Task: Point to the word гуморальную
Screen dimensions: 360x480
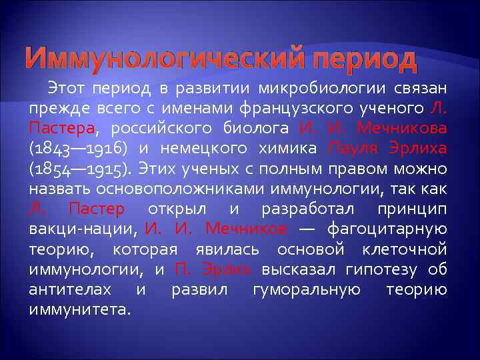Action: pos(307,289)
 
